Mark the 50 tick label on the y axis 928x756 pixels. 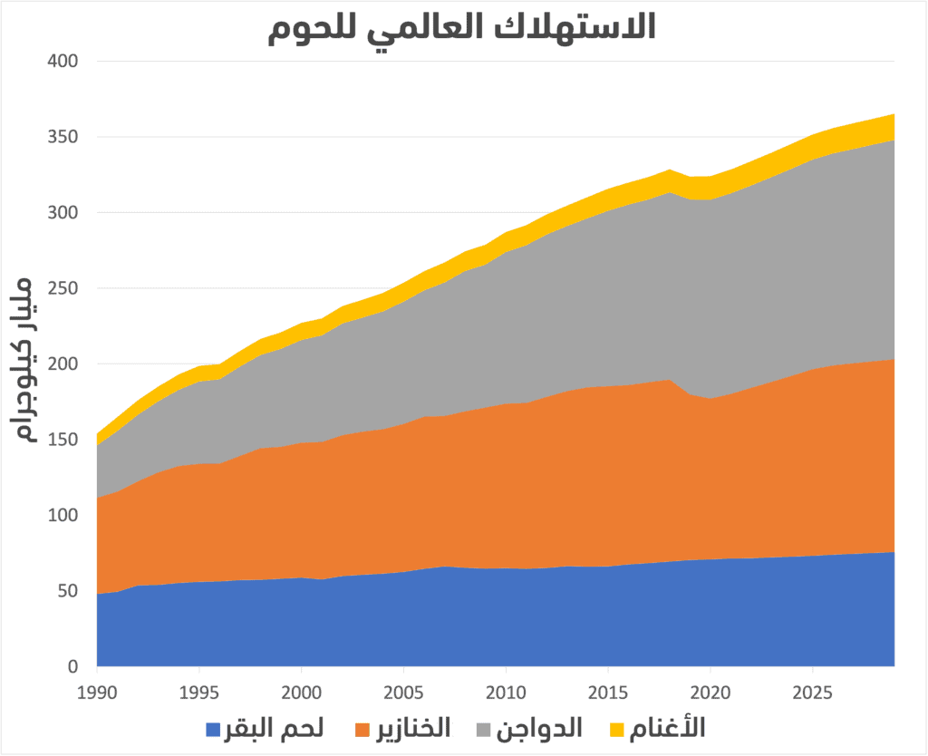click(x=69, y=591)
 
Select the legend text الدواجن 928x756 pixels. click(x=545, y=728)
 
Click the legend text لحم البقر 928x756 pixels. click(x=275, y=728)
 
